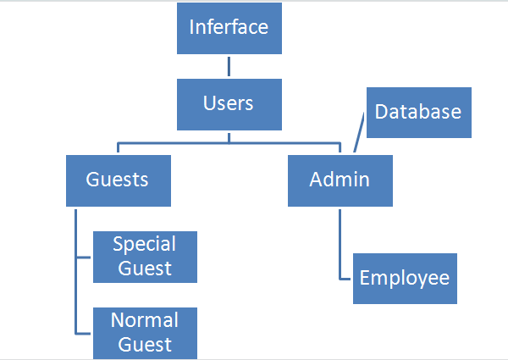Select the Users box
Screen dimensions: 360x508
pos(229,103)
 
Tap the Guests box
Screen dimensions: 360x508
pos(118,180)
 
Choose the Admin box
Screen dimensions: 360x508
pos(340,180)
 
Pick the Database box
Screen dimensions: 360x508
pos(418,112)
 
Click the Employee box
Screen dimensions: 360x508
pos(405,278)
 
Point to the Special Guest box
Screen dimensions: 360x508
pos(145,257)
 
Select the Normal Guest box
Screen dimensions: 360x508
pos(145,332)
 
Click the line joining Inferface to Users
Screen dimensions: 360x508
pos(229,67)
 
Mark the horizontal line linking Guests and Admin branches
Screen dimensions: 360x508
pos(229,141)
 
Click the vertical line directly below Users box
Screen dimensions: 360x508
pos(229,136)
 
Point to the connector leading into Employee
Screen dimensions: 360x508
pos(340,246)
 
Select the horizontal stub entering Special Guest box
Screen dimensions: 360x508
pos(84,257)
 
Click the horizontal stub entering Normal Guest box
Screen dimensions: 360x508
pos(84,333)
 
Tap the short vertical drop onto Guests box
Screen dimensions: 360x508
pos(118,148)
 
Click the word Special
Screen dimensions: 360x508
pos(145,245)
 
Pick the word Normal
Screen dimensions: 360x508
pos(145,320)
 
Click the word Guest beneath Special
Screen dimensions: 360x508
pos(145,269)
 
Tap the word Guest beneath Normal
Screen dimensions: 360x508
pos(145,344)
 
